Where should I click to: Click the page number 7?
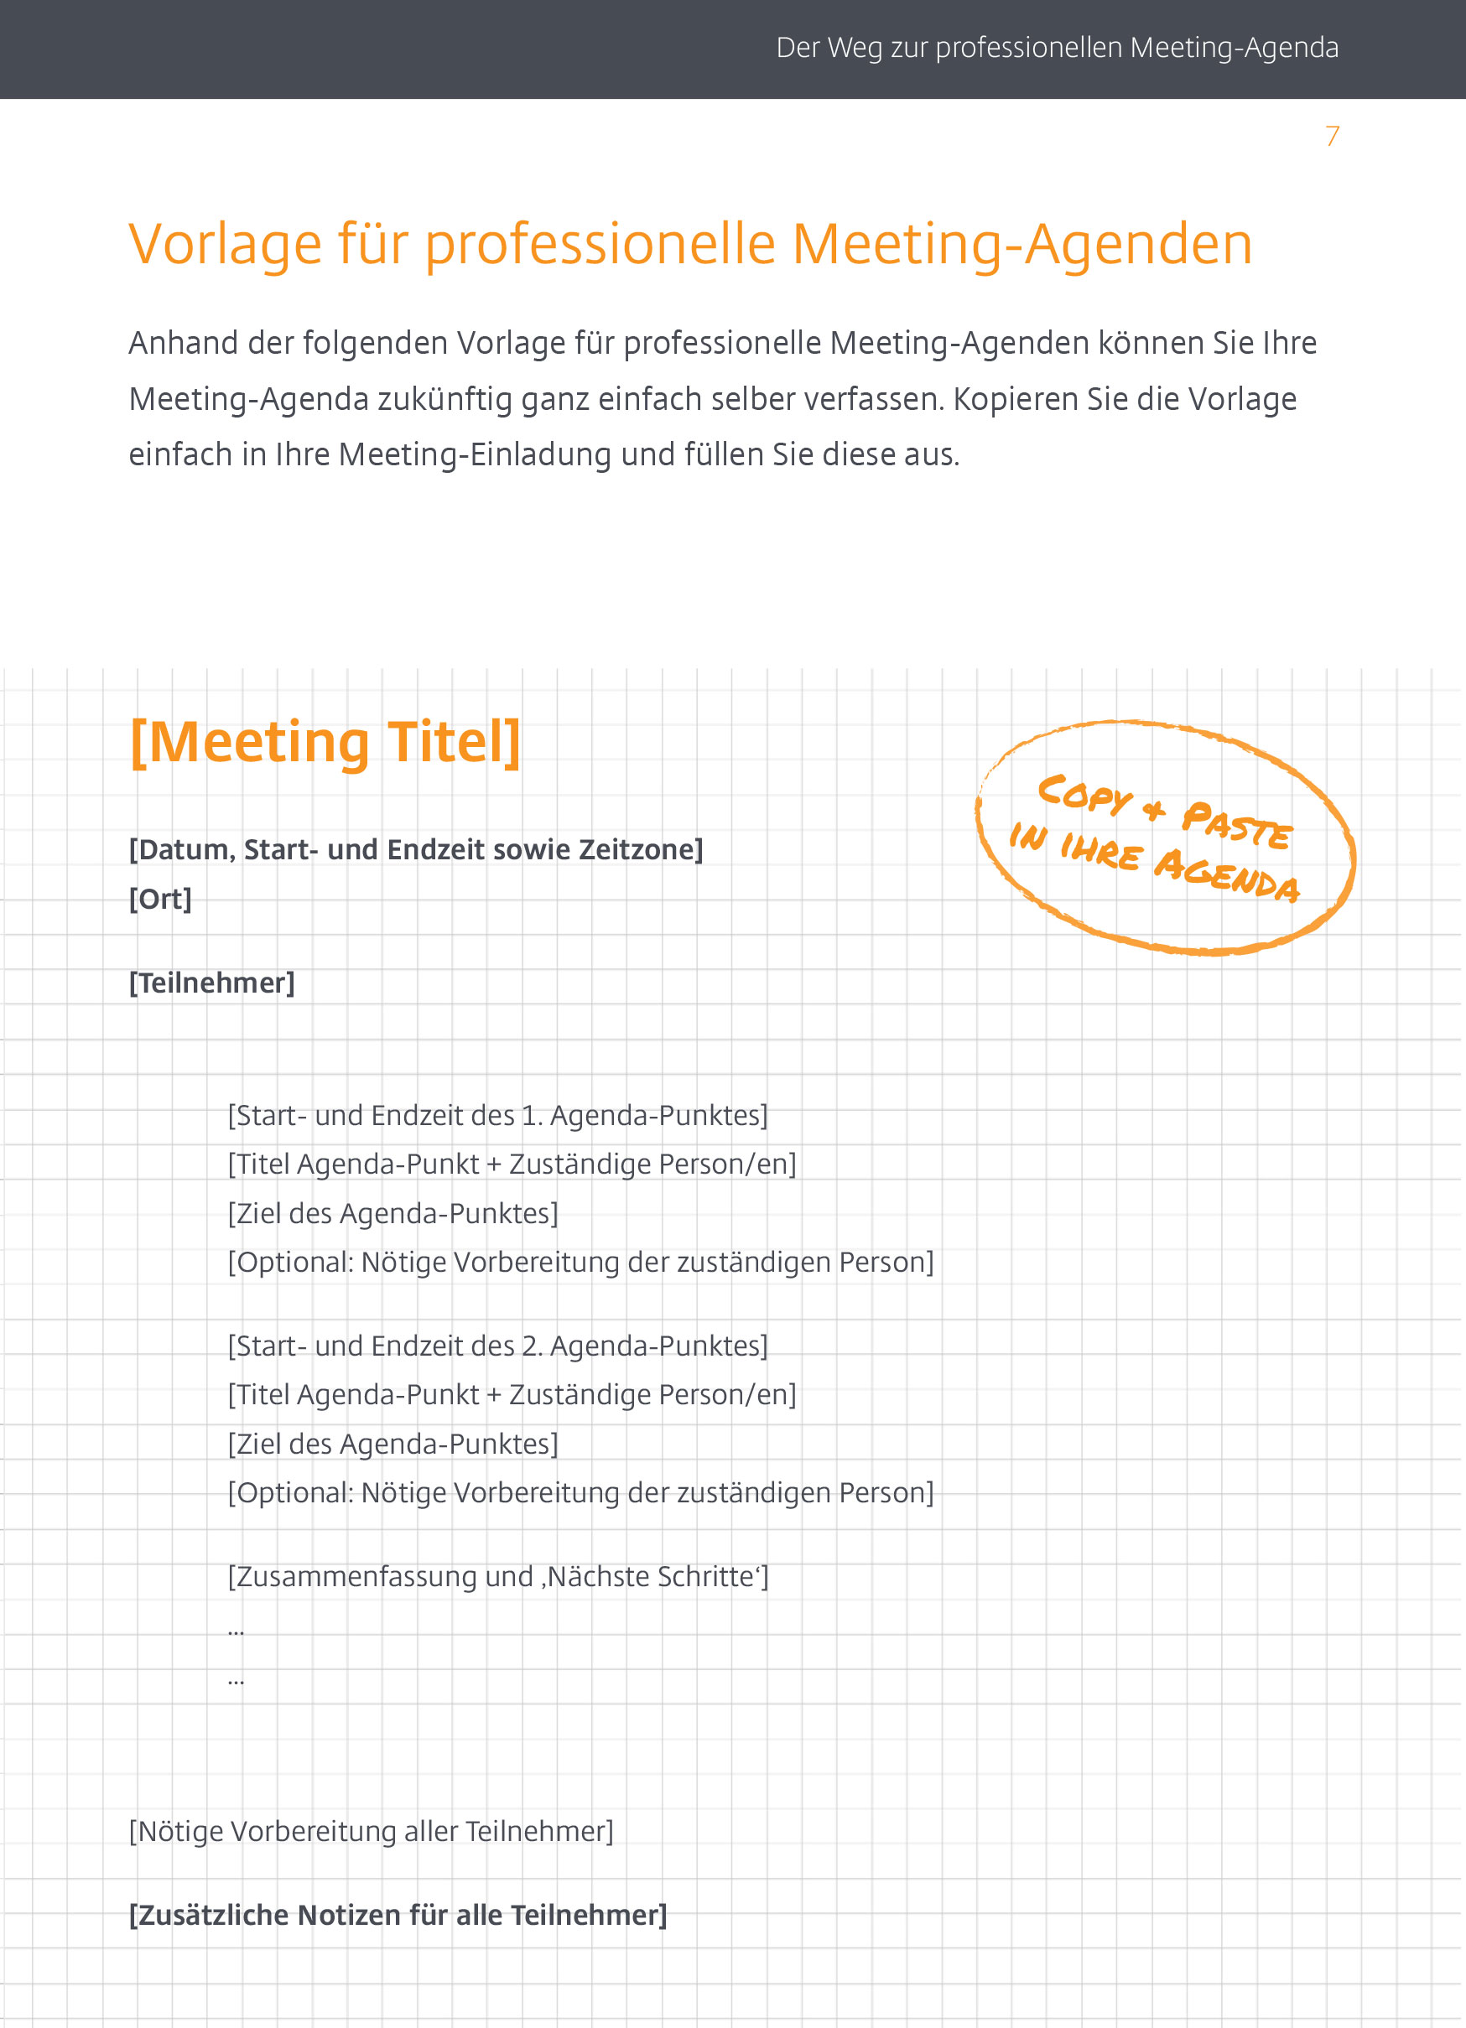pos(1332,136)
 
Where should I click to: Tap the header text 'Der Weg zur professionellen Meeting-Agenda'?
pos(1057,48)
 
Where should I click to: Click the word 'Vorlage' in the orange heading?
pos(225,244)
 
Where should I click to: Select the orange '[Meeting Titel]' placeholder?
pos(325,742)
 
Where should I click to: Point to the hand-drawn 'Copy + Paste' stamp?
pos(1165,837)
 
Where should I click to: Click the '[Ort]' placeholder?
pos(161,899)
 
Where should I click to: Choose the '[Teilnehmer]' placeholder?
pos(212,983)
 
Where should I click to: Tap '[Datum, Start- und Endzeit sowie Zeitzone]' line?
pos(416,849)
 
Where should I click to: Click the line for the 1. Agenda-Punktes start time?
pos(497,1116)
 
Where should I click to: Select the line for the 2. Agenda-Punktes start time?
pos(497,1346)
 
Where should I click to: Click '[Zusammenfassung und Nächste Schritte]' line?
pos(497,1576)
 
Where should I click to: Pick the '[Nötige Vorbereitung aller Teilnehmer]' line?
pos(372,1831)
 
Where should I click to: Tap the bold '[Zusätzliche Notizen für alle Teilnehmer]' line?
pos(398,1916)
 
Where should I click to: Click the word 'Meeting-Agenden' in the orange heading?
pos(1022,244)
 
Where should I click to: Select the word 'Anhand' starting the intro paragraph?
pos(184,344)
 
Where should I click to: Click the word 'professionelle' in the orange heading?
pos(600,244)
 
